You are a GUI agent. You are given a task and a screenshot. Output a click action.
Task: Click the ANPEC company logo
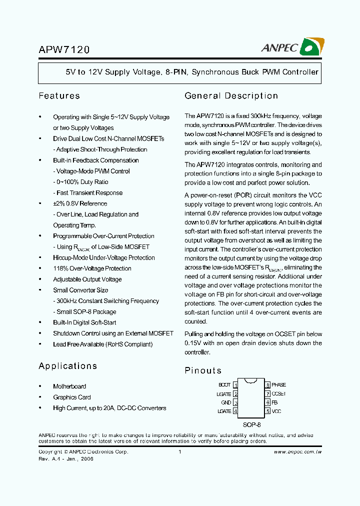coord(293,47)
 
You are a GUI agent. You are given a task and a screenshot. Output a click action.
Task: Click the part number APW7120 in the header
coord(64,50)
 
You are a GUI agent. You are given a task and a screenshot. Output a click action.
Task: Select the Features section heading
coord(59,95)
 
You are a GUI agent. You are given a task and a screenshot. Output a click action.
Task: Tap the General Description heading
coord(231,95)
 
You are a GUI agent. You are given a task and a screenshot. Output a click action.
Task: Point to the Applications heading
coord(67,366)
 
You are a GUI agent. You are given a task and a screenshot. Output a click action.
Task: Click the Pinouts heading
coord(203,370)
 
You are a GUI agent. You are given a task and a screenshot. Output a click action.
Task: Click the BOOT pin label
coord(224,385)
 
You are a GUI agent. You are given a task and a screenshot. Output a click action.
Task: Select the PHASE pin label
coord(278,385)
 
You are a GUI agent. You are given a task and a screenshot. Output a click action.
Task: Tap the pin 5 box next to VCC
coord(267,411)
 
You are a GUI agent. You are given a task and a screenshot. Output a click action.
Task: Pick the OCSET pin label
coord(278,394)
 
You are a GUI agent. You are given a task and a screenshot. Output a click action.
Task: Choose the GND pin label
coord(226,402)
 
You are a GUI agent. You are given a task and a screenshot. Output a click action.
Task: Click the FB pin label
coord(274,402)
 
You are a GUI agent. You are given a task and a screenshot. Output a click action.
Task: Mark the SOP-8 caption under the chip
coord(251,424)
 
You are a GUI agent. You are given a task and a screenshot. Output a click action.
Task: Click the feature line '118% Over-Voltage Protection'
coord(92,268)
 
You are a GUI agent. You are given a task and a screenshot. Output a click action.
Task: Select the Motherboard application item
coord(69,386)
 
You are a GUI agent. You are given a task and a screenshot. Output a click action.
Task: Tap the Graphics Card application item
coord(72,397)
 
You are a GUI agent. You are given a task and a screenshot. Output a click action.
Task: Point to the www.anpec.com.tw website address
coord(297,451)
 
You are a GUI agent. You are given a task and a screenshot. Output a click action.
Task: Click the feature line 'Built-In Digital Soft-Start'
coord(84,322)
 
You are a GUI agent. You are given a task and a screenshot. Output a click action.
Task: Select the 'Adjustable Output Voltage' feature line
coord(87,279)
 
